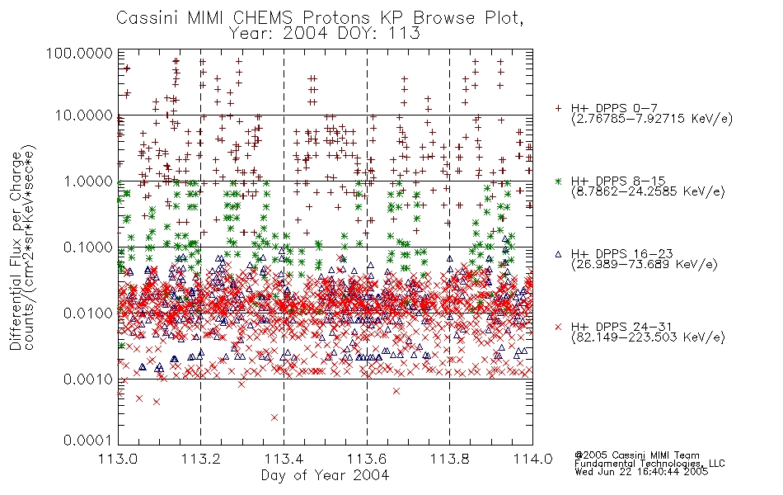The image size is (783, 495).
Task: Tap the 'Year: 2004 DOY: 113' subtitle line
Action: (x=325, y=34)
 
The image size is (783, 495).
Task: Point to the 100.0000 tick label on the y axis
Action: (x=80, y=53)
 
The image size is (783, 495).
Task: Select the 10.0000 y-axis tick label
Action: (x=84, y=115)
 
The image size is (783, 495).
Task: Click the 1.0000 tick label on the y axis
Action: (x=88, y=181)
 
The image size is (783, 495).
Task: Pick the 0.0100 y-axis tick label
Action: (x=88, y=313)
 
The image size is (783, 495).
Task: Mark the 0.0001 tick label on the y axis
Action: (x=88, y=441)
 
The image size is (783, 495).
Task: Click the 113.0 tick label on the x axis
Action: (x=118, y=459)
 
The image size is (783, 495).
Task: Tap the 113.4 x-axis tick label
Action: (x=284, y=459)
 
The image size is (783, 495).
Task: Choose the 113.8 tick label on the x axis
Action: (x=450, y=459)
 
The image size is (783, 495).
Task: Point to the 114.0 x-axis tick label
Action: (x=532, y=459)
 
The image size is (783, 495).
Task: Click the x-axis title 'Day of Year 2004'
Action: (x=325, y=475)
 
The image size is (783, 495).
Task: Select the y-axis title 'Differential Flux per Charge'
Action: (x=16, y=251)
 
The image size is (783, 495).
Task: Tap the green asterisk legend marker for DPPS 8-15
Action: (x=558, y=181)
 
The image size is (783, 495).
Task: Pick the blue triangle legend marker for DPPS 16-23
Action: (x=558, y=254)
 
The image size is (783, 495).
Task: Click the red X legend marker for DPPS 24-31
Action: (x=558, y=327)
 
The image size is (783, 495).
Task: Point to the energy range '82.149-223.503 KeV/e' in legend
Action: (x=648, y=337)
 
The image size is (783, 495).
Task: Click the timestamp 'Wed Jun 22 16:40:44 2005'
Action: (x=641, y=472)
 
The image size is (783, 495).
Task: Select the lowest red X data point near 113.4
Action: (x=274, y=417)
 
